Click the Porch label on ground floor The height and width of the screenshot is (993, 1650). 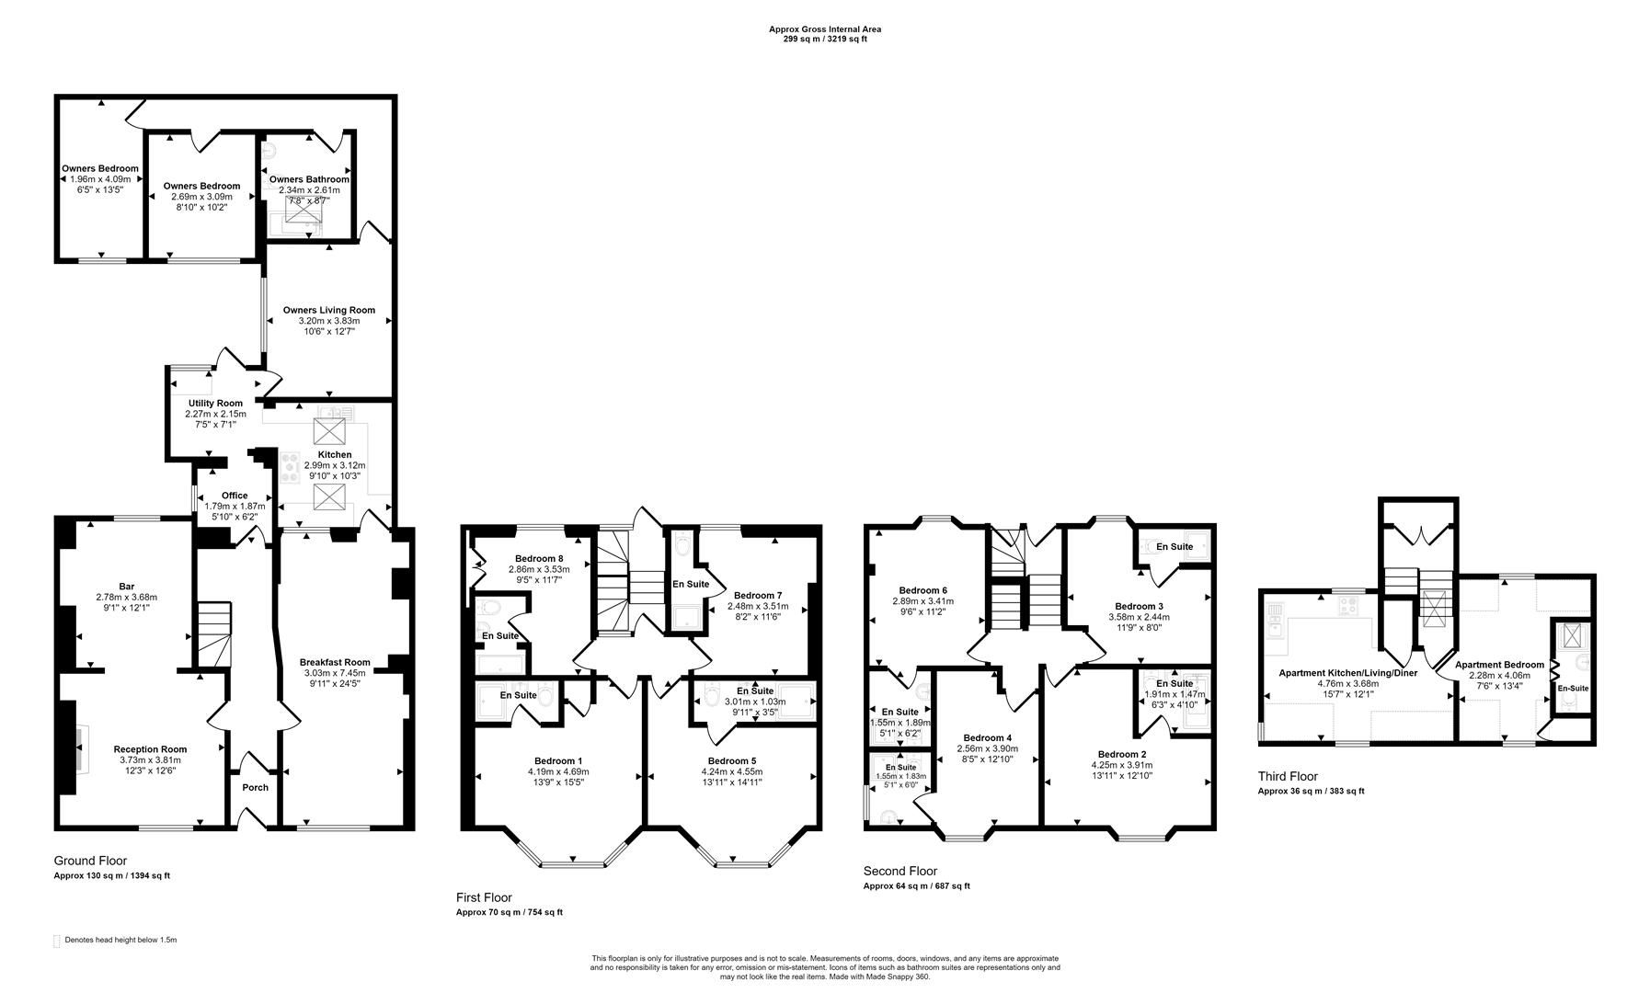(255, 787)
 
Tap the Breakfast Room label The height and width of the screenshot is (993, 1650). (335, 662)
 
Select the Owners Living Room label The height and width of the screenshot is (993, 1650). (329, 310)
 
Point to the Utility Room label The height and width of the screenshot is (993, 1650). (215, 403)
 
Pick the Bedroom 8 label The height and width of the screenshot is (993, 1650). (539, 558)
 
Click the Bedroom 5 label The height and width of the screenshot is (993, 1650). (732, 760)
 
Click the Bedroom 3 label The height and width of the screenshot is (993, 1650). (1139, 606)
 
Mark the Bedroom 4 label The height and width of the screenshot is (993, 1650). (987, 737)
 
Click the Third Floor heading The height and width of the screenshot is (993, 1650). (1288, 776)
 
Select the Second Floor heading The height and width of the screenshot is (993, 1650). (899, 871)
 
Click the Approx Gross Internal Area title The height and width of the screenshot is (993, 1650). (824, 29)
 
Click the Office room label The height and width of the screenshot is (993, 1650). (235, 496)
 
